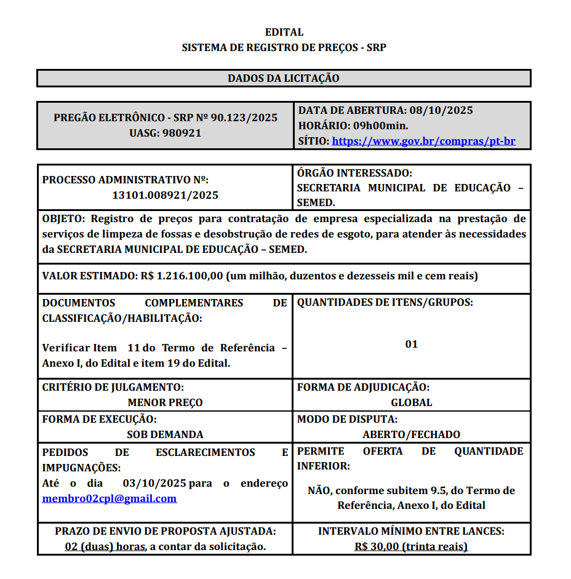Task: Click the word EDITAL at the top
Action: coord(284,33)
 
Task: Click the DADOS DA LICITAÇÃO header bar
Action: coord(284,78)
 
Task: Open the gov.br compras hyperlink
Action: coord(423,141)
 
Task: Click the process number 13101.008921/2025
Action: coord(165,195)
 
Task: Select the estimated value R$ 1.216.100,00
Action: coord(182,276)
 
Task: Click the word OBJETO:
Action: coord(64,218)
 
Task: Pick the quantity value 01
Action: coord(412,344)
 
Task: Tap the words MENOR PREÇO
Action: coord(165,402)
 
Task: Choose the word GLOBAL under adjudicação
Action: coord(412,402)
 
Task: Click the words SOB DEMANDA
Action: coord(165,434)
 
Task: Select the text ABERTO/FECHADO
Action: coord(412,434)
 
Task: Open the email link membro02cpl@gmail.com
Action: coord(110,498)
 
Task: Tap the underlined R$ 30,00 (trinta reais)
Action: coord(411,546)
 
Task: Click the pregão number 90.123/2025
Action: coord(244,118)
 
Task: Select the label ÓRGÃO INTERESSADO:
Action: coord(354,173)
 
